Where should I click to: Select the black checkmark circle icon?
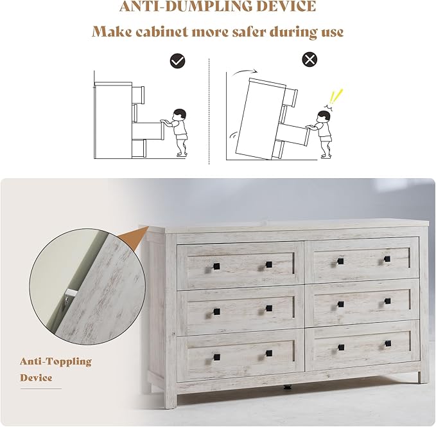178,60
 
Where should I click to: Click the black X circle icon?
310,60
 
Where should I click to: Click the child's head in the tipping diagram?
324,116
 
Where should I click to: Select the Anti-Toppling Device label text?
55,369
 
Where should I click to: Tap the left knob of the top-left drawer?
216,266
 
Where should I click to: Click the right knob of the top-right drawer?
387,259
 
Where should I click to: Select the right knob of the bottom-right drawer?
387,344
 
